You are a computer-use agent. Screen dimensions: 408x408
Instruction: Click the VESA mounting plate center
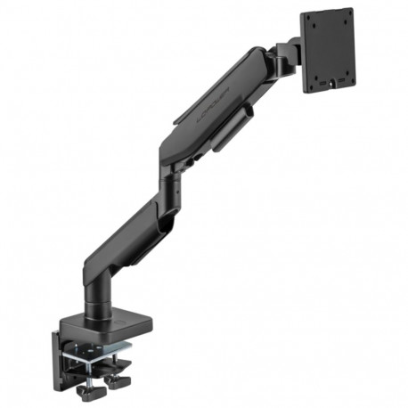click(x=327, y=50)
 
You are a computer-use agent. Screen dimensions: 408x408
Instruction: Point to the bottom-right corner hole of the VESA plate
click(x=348, y=81)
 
